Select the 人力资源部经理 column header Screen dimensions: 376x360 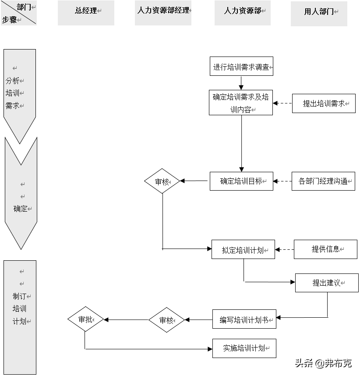click(x=163, y=11)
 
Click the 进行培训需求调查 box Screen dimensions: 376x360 click(x=241, y=67)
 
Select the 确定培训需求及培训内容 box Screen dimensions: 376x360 click(x=240, y=103)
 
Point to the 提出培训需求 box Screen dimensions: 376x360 click(x=324, y=104)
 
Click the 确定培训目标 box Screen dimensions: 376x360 click(x=241, y=181)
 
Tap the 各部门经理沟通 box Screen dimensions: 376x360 click(x=323, y=181)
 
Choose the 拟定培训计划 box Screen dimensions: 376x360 click(x=243, y=250)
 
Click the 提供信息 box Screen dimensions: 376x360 click(x=325, y=249)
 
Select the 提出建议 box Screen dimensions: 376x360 click(x=327, y=283)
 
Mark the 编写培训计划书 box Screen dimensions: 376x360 click(x=244, y=319)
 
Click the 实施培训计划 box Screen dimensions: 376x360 click(x=244, y=348)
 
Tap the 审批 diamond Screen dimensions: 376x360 click(x=85, y=319)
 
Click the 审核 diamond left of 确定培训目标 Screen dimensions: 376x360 click(x=162, y=181)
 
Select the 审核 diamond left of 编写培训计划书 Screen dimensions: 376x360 click(x=166, y=320)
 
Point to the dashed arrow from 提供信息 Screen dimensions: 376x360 click(x=285, y=250)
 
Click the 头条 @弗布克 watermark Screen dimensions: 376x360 click(x=323, y=363)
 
